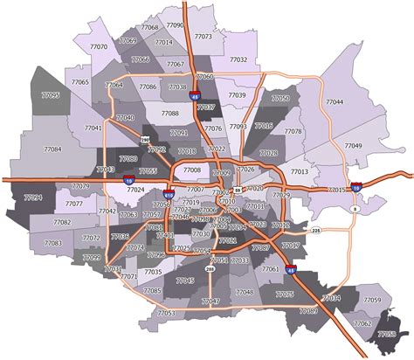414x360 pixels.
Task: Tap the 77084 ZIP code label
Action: [x=52, y=149]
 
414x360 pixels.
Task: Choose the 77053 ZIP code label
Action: [x=166, y=312]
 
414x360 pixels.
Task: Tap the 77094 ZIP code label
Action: [x=33, y=198]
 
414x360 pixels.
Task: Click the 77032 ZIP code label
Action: [x=238, y=59]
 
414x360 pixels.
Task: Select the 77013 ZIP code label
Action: [x=299, y=172]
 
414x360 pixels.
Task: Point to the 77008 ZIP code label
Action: [x=191, y=170]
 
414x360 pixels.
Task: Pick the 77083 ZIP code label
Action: [x=52, y=244]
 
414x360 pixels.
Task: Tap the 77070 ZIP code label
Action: [x=99, y=46]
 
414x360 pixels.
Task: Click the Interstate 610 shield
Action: [x=169, y=196]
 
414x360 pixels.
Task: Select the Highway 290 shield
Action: [x=144, y=139]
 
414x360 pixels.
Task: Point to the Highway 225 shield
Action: [x=316, y=231]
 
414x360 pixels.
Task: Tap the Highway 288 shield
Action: [x=210, y=269]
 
